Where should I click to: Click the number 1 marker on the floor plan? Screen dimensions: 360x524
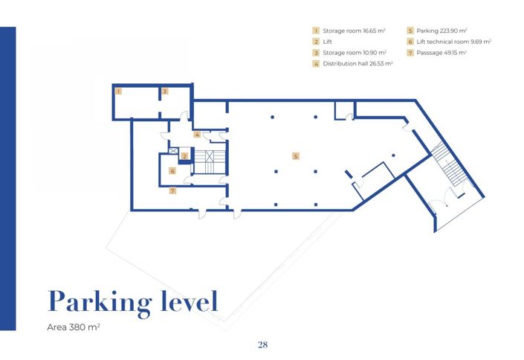click(x=117, y=91)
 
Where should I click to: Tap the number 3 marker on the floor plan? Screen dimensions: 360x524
click(x=165, y=91)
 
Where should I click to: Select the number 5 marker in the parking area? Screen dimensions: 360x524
click(x=295, y=156)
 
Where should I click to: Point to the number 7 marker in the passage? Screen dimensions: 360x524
click(x=172, y=191)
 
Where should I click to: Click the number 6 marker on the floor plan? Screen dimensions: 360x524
click(x=172, y=171)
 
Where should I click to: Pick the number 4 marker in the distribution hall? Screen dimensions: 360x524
click(x=196, y=135)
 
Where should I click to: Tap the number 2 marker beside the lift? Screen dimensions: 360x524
click(x=184, y=157)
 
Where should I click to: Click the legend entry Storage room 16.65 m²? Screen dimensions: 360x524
click(x=349, y=30)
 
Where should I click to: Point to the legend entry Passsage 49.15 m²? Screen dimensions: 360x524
click(x=441, y=53)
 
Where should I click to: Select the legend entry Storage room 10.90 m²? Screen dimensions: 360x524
click(x=349, y=53)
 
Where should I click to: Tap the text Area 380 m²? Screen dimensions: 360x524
click(x=74, y=327)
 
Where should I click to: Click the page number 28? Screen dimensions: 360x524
click(x=262, y=344)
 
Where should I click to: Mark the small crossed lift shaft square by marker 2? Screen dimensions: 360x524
click(x=173, y=151)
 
